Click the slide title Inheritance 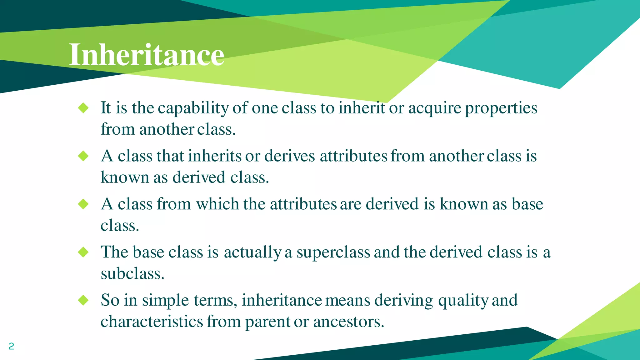[x=146, y=55]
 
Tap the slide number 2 [x=11, y=346]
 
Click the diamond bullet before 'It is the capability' [x=83, y=108]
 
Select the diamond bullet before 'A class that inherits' [x=83, y=156]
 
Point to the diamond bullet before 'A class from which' [x=83, y=204]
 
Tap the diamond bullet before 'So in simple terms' [x=83, y=300]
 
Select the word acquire [x=434, y=108]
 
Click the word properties [x=501, y=108]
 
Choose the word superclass [x=333, y=252]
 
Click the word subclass [x=132, y=274]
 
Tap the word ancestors [x=348, y=322]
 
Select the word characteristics [x=152, y=322]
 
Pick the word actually [x=252, y=252]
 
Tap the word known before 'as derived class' [x=125, y=177]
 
